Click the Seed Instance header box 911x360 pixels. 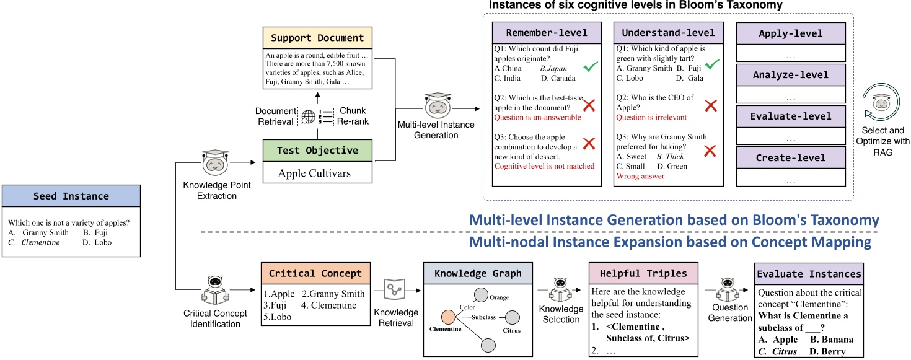[72, 196]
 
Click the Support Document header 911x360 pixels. [316, 38]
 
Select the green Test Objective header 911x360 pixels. [317, 151]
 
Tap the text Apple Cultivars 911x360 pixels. [314, 173]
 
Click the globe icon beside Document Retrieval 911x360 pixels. [308, 116]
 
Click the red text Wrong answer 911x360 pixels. [640, 176]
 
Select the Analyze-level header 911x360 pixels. [790, 75]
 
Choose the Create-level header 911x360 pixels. [790, 158]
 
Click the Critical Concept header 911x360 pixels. [316, 273]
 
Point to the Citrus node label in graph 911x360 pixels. [512, 330]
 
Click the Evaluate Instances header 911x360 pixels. [808, 274]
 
